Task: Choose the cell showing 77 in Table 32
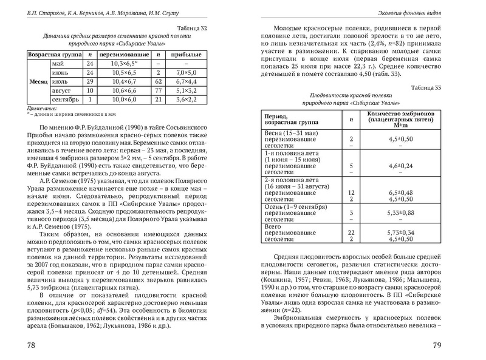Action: click(159, 89)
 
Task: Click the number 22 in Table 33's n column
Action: click(351, 233)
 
